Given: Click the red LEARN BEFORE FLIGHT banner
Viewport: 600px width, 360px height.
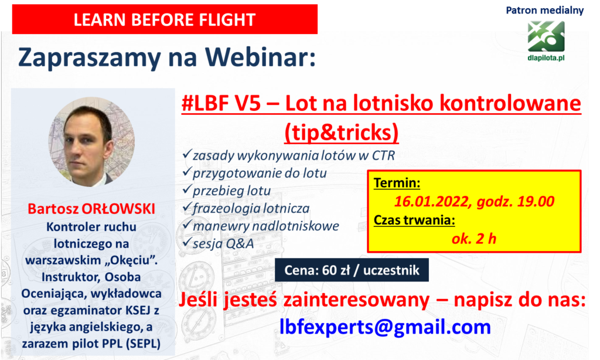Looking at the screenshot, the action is (165, 19).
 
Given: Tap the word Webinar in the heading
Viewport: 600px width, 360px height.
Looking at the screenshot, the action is (260, 57).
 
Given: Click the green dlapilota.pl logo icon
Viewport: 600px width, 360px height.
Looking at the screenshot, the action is (546, 36).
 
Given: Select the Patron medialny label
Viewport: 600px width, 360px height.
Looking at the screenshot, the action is (544, 11).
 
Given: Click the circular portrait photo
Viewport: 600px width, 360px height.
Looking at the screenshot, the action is (91, 142).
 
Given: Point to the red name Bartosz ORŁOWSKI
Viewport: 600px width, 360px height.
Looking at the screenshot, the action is (91, 209).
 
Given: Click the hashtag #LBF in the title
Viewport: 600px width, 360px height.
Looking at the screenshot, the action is (205, 103).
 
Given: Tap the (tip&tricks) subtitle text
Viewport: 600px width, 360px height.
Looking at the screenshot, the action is (342, 132).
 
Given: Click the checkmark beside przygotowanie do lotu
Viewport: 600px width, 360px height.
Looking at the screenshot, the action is (187, 172).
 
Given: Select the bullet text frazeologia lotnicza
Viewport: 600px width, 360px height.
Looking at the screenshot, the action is (251, 208).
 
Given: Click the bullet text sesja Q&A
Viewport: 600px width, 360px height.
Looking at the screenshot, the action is (223, 243).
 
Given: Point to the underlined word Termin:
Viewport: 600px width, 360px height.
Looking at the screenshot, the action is (397, 183).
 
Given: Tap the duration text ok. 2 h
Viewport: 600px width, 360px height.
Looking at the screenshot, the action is (473, 239).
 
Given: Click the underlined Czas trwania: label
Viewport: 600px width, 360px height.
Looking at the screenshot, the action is (414, 220).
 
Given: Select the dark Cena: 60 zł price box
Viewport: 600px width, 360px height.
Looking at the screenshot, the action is (352, 270).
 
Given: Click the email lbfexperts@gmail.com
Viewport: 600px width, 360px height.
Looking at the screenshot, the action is (385, 327).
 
